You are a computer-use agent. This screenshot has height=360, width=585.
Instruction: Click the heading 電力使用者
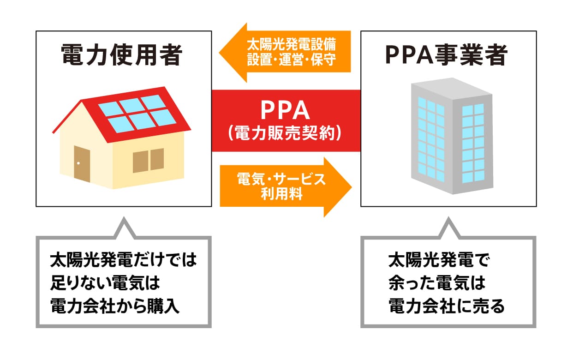tap(122, 56)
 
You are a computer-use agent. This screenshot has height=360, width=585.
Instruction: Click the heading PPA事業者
tap(446, 56)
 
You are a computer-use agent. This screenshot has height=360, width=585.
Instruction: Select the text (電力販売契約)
tap(286, 134)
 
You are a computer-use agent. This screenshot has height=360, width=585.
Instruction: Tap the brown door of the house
tap(82, 164)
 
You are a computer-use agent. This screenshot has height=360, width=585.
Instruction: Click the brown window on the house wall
tap(148, 161)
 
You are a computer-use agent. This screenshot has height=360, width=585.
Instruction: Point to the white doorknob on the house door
tap(78, 164)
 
